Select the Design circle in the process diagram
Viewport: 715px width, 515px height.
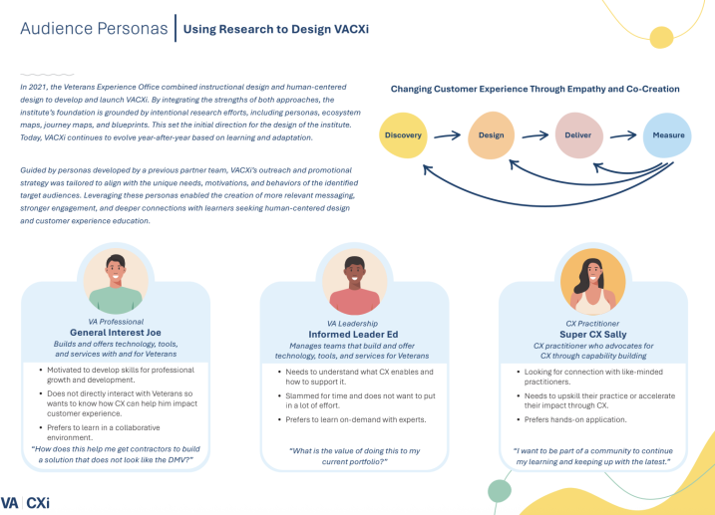click(492, 135)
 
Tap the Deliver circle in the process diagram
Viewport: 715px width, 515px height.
click(577, 135)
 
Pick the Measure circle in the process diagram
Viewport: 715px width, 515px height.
click(667, 135)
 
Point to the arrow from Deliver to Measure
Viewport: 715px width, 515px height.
click(623, 135)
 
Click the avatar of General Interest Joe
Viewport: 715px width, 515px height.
click(117, 281)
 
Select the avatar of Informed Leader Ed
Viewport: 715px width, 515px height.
click(355, 281)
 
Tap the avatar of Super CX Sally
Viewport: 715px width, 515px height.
click(594, 281)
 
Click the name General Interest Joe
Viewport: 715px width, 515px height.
click(117, 333)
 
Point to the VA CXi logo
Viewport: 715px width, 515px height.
click(26, 502)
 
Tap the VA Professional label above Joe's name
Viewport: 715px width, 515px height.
click(117, 322)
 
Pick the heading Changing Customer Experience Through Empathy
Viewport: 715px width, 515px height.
click(535, 89)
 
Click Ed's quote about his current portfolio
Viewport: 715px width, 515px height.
click(355, 457)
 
